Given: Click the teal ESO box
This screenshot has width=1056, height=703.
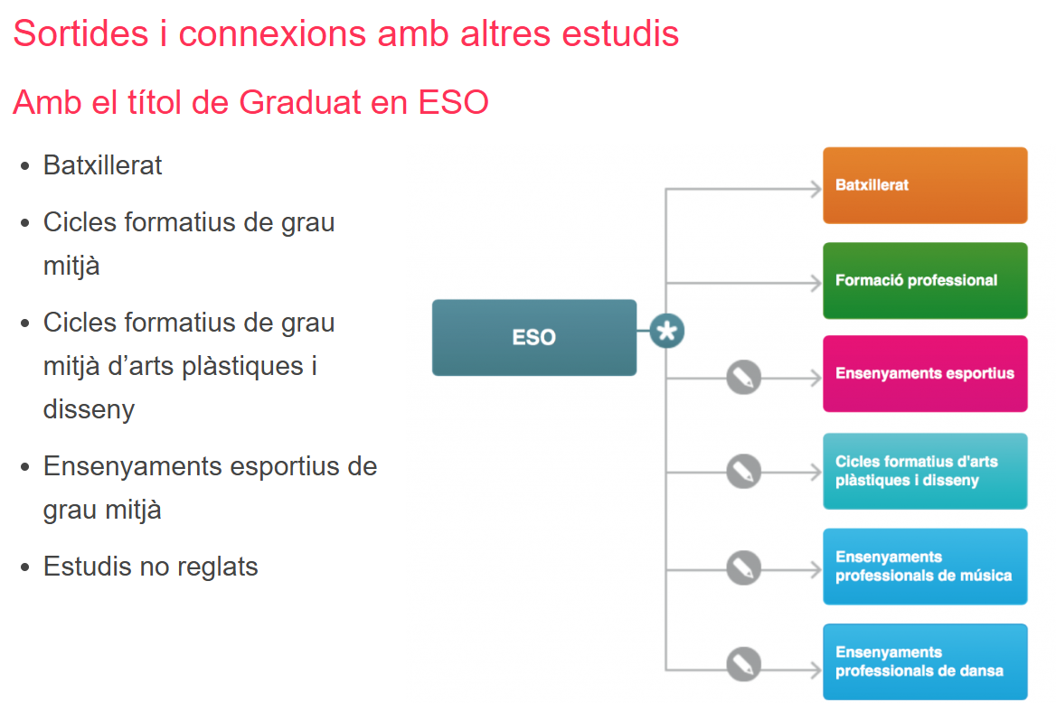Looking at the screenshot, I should pos(534,337).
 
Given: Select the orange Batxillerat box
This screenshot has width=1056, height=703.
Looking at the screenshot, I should pos(925,185).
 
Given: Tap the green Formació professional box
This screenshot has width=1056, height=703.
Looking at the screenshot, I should pos(925,280).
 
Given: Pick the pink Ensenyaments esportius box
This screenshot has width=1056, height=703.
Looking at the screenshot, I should pos(925,373).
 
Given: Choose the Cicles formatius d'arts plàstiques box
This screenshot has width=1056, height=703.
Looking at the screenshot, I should pos(925,471).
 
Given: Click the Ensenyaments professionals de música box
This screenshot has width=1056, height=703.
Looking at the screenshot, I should pos(925,567).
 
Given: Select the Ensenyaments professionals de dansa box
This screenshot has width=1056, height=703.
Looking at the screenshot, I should pos(925,661).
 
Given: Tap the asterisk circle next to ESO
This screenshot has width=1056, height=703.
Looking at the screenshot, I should pos(666,332).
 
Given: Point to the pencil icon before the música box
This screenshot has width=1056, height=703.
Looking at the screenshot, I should pos(743,569).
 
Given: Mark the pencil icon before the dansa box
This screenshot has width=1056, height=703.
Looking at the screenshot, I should pos(743,665).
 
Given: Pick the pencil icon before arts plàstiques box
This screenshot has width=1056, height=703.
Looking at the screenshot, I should pos(743,472).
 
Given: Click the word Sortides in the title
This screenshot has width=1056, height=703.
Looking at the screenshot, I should pos(80,34).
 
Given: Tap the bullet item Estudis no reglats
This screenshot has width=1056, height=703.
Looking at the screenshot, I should pos(151,567).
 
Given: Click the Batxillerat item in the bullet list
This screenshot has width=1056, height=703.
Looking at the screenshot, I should pos(103,165).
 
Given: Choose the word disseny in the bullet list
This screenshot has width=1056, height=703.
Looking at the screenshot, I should pos(89,409).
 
